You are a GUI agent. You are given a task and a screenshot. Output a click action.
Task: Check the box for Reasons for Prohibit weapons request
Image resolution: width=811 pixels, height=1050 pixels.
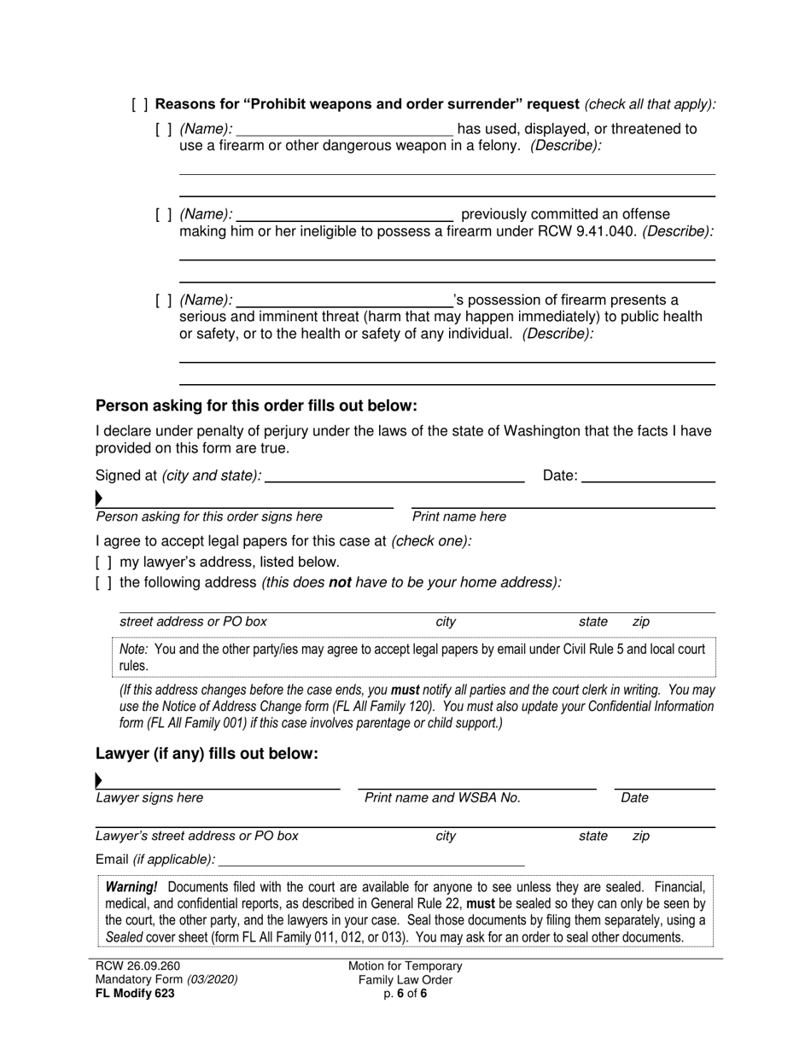(140, 105)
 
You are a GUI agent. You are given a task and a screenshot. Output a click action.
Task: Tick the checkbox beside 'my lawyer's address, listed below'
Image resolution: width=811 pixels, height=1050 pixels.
(103, 563)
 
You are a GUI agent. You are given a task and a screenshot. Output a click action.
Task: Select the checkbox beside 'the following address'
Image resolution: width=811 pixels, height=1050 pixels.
(103, 583)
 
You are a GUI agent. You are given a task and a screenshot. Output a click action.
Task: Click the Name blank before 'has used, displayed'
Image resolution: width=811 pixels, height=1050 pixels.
(343, 129)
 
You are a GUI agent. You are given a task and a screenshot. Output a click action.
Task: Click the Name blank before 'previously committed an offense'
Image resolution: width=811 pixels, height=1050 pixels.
(343, 214)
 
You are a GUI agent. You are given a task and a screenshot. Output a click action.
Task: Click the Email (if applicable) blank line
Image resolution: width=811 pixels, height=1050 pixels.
(370, 860)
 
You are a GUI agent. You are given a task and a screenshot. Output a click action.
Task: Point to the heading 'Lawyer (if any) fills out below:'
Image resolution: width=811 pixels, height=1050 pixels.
(207, 754)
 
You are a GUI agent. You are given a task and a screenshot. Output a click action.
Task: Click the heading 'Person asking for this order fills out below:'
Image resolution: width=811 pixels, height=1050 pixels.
(256, 405)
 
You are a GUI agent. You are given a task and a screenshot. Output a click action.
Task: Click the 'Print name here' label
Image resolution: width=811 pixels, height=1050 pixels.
(458, 516)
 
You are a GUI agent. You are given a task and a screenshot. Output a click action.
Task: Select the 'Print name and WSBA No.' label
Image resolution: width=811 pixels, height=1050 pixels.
(442, 798)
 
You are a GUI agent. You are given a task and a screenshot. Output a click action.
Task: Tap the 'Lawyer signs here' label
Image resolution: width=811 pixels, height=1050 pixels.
(149, 798)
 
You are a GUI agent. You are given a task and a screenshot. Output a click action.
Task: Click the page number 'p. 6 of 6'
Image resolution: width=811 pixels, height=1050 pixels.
(405, 994)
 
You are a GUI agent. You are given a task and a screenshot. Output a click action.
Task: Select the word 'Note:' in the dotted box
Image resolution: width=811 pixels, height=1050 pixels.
(134, 649)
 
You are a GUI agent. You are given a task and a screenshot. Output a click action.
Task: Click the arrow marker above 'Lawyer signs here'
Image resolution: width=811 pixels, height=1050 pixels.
(99, 779)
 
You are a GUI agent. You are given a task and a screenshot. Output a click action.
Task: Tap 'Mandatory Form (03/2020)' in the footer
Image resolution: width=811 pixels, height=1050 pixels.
(166, 980)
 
